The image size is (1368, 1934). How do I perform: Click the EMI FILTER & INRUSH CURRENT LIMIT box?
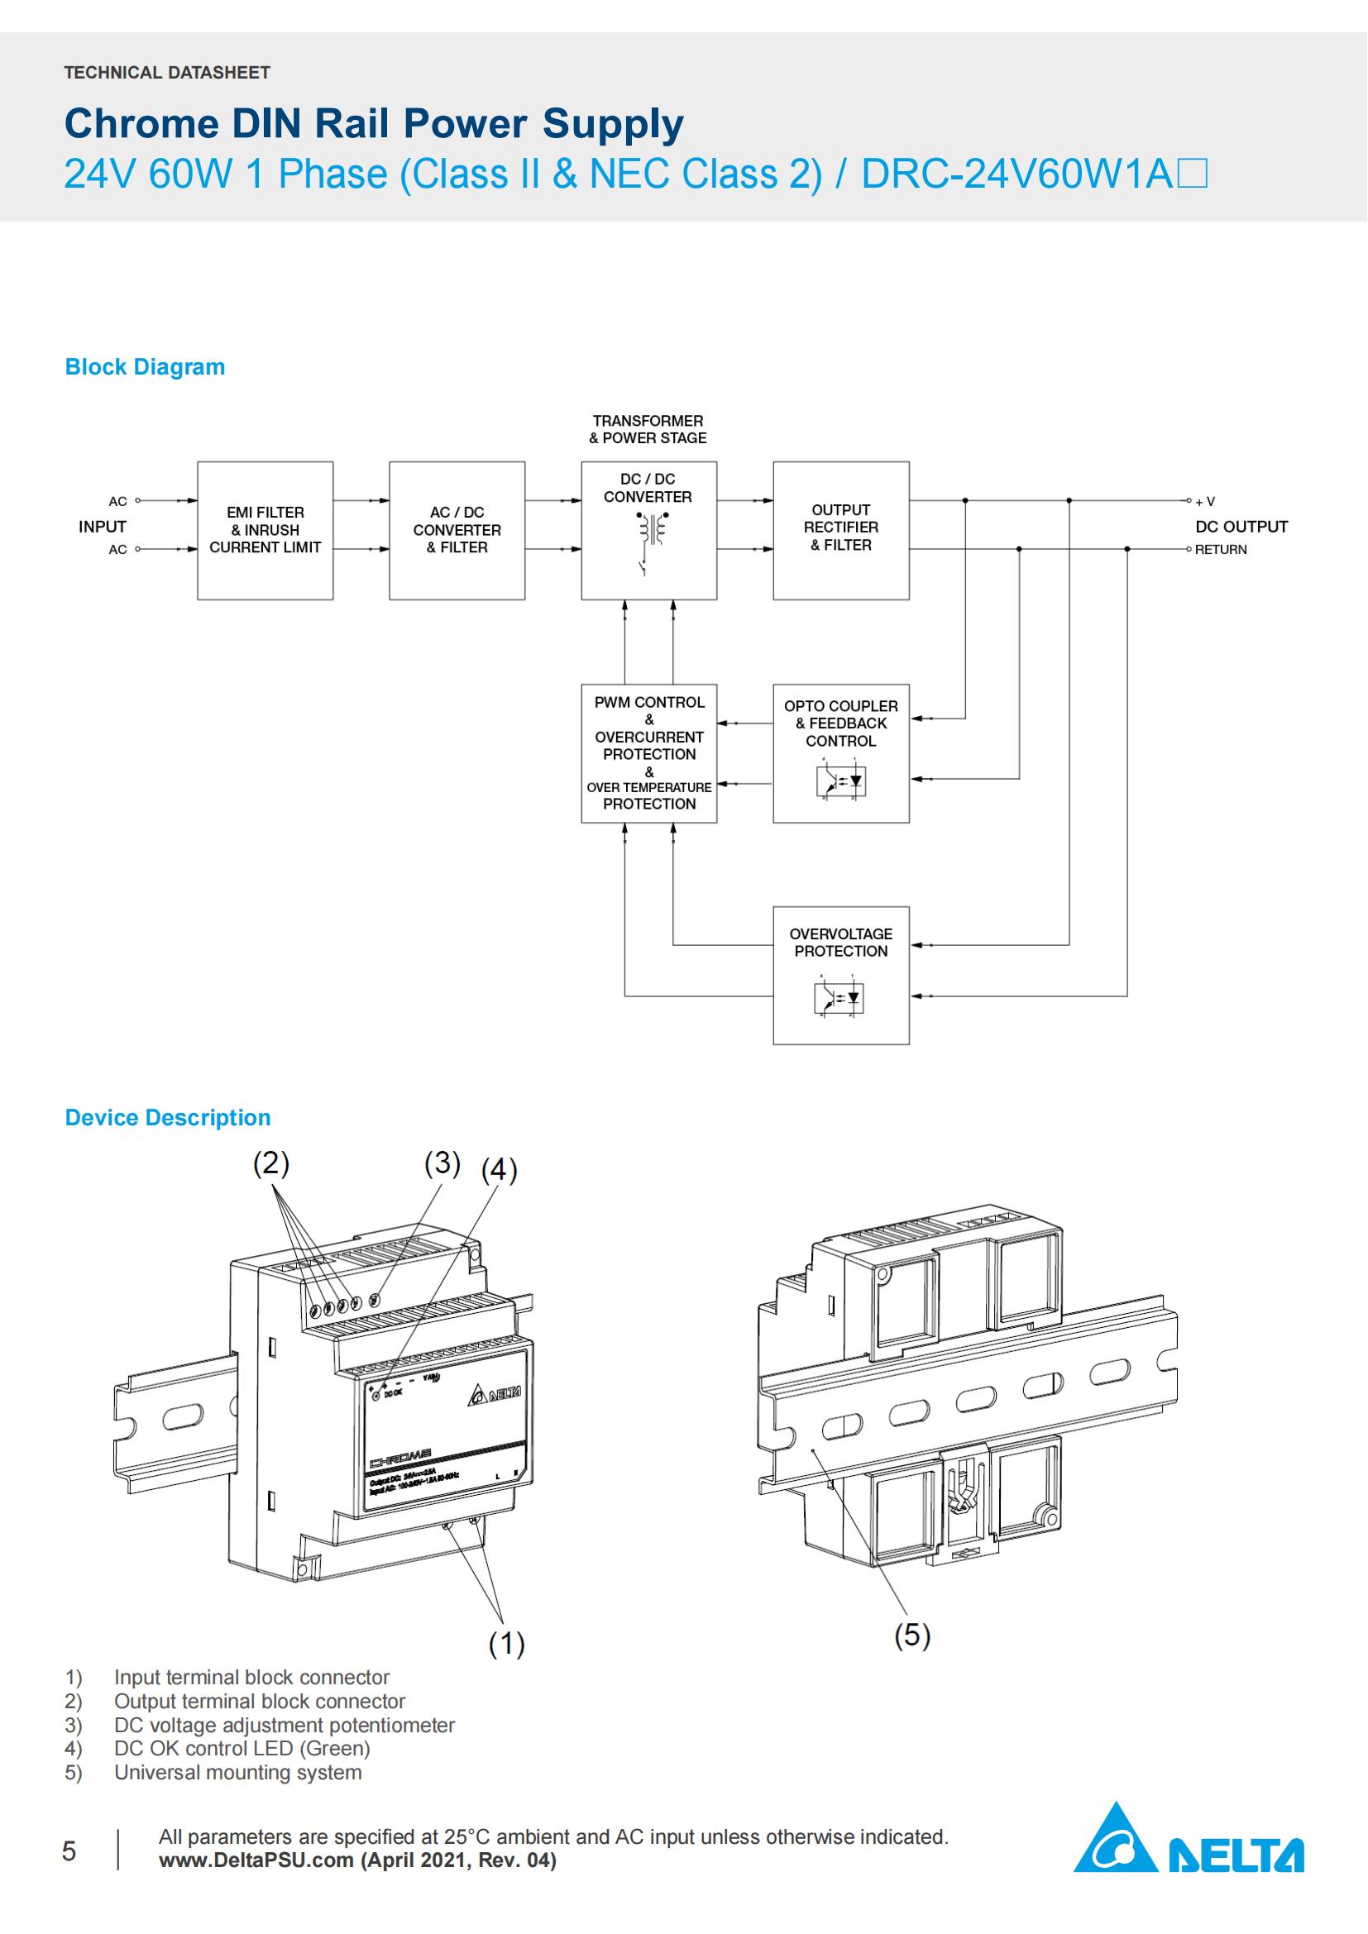coord(265,530)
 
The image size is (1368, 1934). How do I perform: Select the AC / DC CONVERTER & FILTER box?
coord(457,530)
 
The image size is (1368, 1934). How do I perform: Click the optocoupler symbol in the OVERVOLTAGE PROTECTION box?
coord(840,997)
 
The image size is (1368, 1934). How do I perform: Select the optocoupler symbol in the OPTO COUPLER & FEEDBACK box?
coord(840,781)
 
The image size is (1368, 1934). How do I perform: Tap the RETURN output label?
coord(1221,549)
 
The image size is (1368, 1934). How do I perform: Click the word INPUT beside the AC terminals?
coord(102,527)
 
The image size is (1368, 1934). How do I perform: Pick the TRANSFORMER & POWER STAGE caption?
coord(647,429)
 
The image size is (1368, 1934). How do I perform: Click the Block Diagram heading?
coord(145,367)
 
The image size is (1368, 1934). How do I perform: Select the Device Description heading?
coord(168,1118)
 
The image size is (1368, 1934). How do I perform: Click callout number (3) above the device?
coord(442,1163)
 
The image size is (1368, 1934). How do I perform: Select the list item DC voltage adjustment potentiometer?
coord(284,1725)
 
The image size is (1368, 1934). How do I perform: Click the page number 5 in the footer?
coord(69,1850)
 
